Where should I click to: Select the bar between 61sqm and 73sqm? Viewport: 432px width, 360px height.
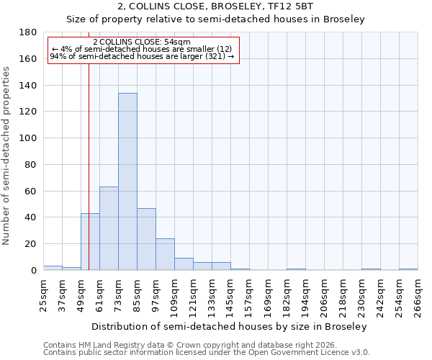[109, 228]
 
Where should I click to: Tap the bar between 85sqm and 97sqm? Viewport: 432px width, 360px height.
[146, 239]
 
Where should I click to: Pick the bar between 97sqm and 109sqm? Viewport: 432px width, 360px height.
[165, 254]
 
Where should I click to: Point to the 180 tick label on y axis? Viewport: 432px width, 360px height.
[28, 32]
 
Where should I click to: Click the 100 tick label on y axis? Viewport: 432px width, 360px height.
[28, 138]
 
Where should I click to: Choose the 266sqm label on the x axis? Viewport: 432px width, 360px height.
[418, 296]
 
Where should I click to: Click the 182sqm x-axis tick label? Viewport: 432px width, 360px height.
[287, 296]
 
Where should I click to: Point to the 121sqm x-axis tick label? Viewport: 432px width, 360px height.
[193, 296]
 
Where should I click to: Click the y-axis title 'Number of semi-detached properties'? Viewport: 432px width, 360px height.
[7, 156]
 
